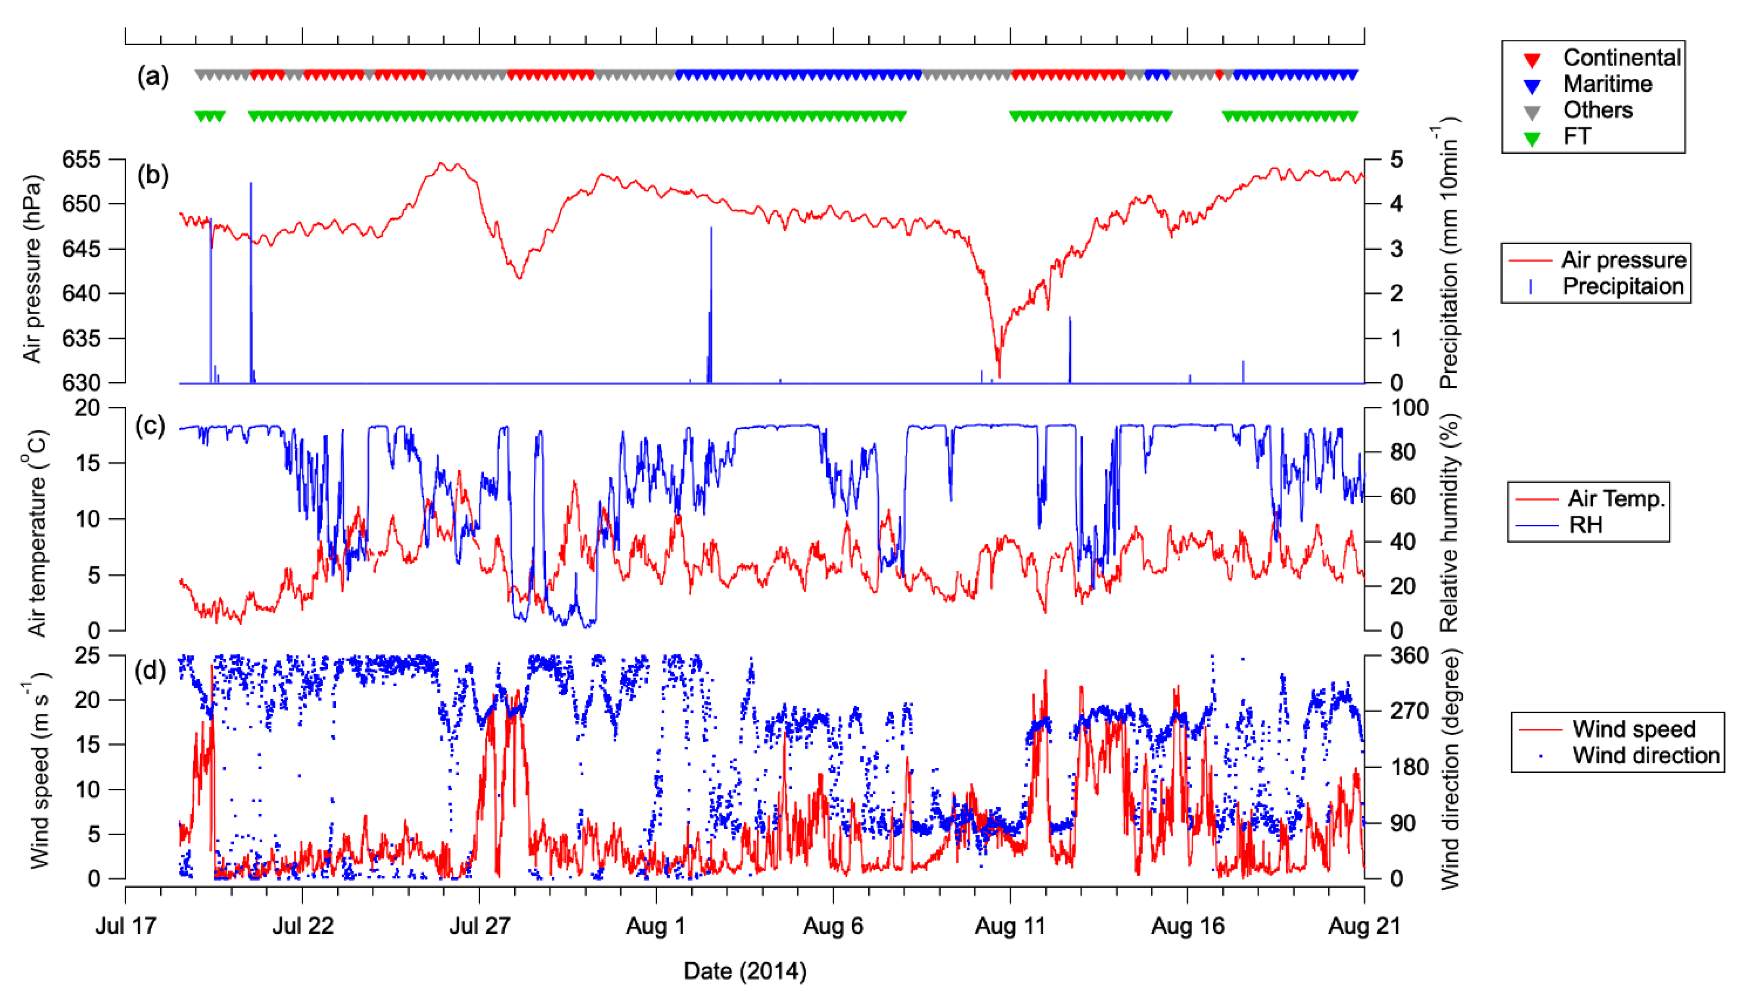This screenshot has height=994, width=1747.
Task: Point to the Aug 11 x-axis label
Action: pyautogui.click(x=1010, y=926)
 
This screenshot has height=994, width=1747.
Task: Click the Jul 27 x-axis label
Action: pyautogui.click(x=479, y=926)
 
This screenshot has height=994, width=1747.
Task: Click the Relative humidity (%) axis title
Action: pyautogui.click(x=1449, y=522)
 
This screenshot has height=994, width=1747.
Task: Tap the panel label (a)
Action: pyautogui.click(x=152, y=77)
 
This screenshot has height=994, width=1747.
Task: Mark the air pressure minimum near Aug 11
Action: pyautogui.click(x=999, y=376)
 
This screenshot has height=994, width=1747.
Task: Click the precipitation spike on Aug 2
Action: pyautogui.click(x=711, y=229)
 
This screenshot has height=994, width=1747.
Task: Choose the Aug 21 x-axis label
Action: pyautogui.click(x=1364, y=926)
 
